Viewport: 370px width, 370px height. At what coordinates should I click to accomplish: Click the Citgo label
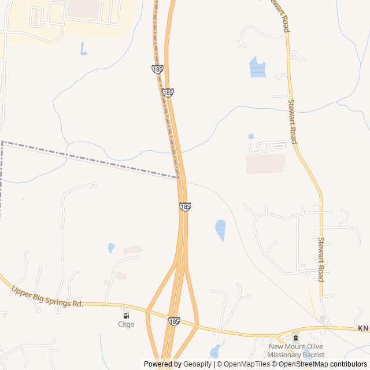point(126,324)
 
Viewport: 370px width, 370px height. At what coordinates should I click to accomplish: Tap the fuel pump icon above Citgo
point(126,316)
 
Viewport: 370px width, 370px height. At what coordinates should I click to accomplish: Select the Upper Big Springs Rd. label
point(47,296)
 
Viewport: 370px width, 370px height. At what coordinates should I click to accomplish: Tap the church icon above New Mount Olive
point(296,338)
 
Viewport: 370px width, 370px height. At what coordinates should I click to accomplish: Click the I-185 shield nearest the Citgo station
point(174,320)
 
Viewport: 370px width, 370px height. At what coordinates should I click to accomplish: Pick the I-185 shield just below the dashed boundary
point(185,206)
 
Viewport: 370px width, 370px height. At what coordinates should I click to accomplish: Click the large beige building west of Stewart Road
point(265,164)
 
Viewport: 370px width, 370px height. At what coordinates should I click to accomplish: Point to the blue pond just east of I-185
point(220,229)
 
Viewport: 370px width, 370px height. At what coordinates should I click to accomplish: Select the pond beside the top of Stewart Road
point(257,67)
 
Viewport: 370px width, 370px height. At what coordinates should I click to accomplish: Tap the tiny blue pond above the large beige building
point(251,136)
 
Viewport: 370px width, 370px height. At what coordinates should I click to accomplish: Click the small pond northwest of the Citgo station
point(111,247)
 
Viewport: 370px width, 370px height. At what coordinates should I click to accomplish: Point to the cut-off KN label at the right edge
point(363,328)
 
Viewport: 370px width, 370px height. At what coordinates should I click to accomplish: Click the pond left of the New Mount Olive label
point(216,350)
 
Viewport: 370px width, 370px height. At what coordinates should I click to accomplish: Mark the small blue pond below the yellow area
point(83,49)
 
